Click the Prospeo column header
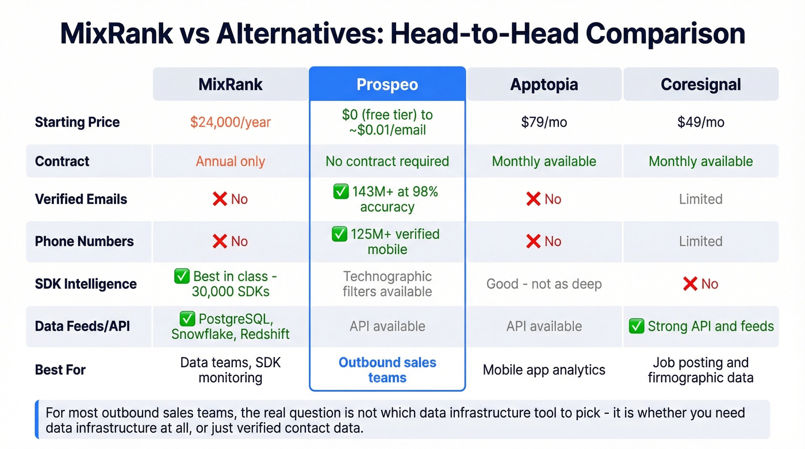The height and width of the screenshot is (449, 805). [387, 85]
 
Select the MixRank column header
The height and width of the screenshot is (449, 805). [230, 85]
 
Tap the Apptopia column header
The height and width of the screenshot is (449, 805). [544, 85]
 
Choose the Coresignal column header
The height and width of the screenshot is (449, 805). [700, 85]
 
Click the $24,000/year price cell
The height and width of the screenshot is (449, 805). [230, 122]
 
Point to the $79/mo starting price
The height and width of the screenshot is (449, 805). [544, 122]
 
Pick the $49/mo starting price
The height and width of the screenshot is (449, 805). [700, 122]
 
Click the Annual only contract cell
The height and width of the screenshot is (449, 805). [230, 161]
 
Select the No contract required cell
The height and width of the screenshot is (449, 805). [387, 161]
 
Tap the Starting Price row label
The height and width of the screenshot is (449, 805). [77, 122]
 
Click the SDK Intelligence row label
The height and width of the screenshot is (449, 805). [86, 284]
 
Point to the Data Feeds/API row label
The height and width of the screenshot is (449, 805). [82, 327]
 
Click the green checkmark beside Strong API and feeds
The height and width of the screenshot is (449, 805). [636, 327]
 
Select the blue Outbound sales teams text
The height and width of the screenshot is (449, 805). [387, 370]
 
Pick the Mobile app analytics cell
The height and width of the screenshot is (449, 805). [544, 370]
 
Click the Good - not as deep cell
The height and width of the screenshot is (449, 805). [544, 284]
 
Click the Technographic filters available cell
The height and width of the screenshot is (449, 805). [387, 284]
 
